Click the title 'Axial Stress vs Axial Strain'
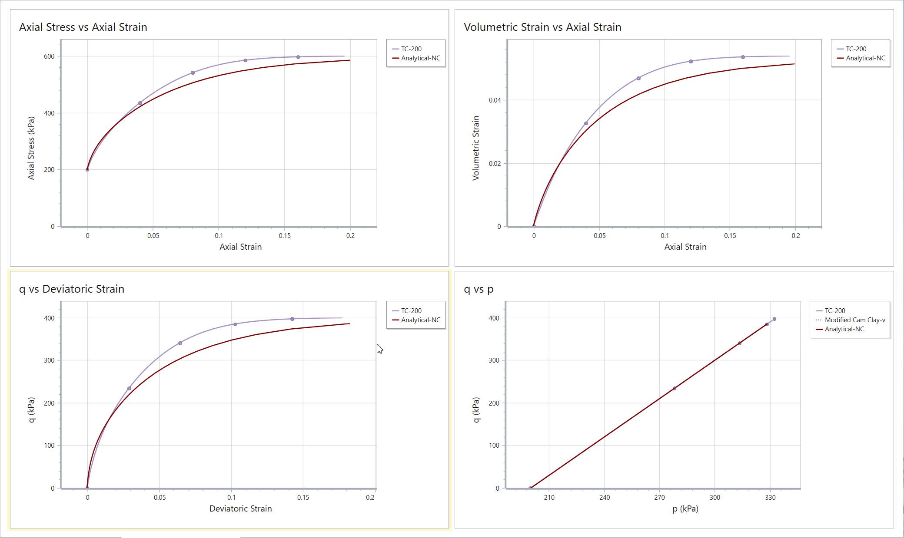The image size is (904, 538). point(83,27)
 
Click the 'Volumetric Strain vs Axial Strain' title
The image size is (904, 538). point(542,27)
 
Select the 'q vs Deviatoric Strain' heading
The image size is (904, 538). point(72,289)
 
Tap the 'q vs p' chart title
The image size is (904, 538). point(479,289)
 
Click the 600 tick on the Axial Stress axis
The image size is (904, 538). point(49,56)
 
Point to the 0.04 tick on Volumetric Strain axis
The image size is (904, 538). point(495,100)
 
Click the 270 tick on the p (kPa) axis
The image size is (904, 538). point(659,498)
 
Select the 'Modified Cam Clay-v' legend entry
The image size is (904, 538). point(854,320)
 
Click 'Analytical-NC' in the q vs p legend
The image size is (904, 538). point(844,329)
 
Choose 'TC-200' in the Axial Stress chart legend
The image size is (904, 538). point(411,49)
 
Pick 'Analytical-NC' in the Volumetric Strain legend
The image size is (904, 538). point(865,58)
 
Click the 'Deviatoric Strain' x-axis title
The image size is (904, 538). point(240,508)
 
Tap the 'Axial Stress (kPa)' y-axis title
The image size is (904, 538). point(31,148)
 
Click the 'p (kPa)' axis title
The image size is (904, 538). point(685,508)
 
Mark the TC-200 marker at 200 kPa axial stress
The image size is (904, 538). point(87,170)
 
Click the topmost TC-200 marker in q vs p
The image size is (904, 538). point(774,319)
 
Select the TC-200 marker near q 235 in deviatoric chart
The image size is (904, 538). point(129,389)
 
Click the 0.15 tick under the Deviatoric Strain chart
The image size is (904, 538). point(303,498)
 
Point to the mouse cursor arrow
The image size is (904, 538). point(379,349)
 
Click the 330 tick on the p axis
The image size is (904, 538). point(770,498)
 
